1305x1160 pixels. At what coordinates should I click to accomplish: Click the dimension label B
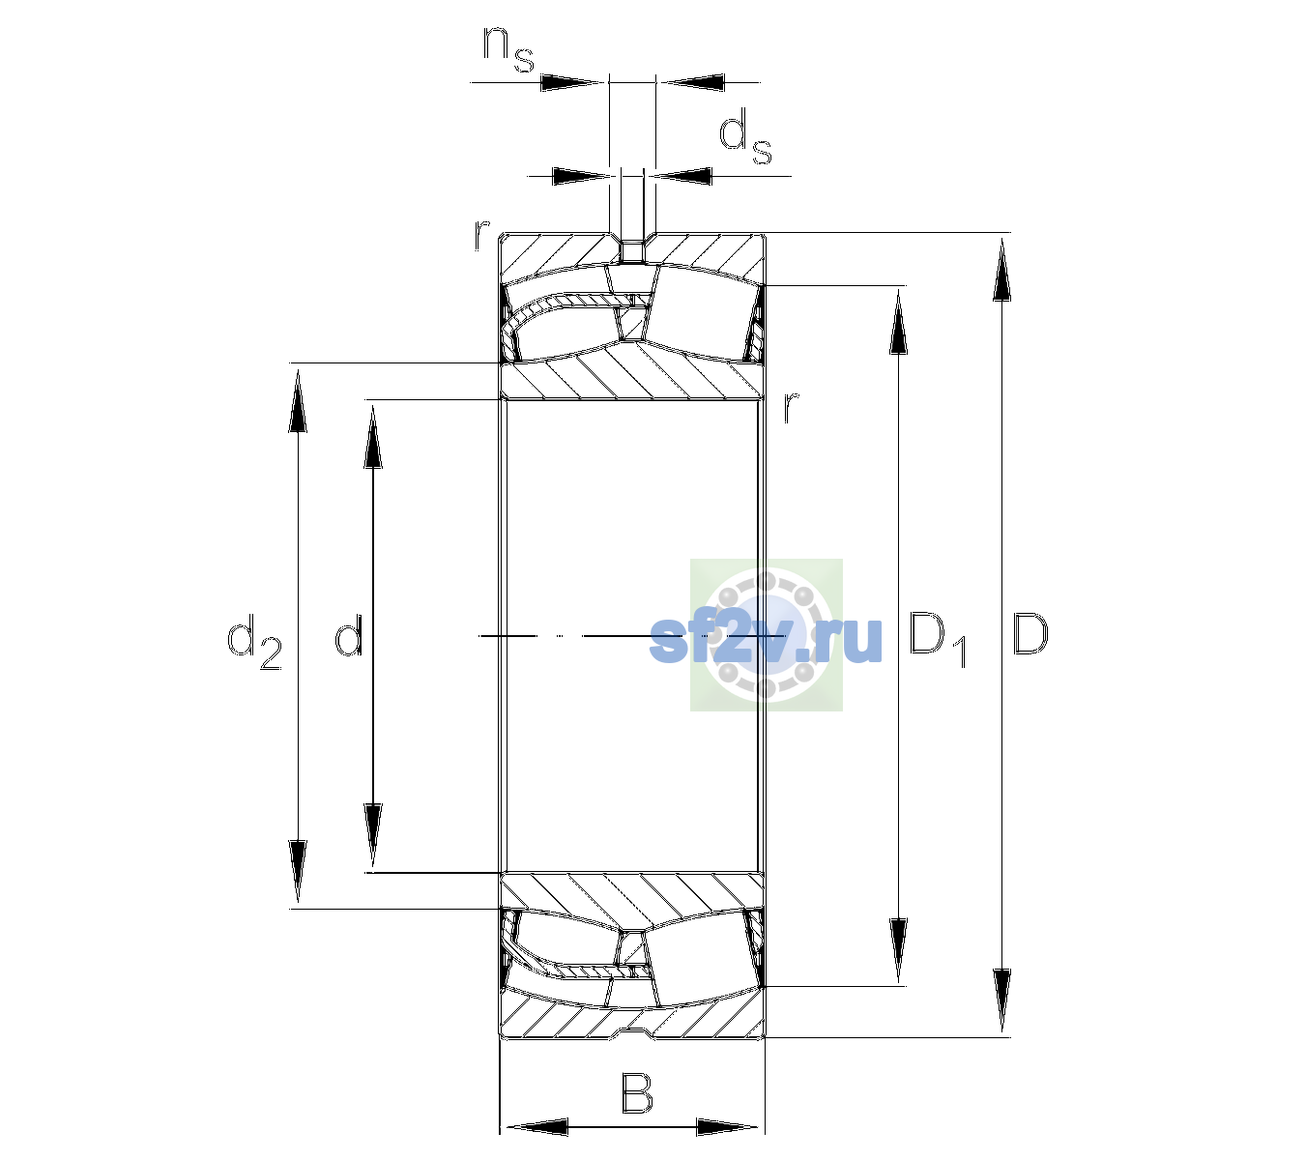636,1093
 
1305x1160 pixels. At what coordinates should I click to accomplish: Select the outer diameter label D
1030,634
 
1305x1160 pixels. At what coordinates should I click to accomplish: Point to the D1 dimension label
938,640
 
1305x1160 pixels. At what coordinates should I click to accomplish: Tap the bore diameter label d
348,635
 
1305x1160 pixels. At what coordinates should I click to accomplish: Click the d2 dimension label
254,641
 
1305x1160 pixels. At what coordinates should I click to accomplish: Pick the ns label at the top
508,50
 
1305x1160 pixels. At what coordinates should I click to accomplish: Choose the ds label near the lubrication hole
745,137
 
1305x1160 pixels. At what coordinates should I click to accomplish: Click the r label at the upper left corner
481,235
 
